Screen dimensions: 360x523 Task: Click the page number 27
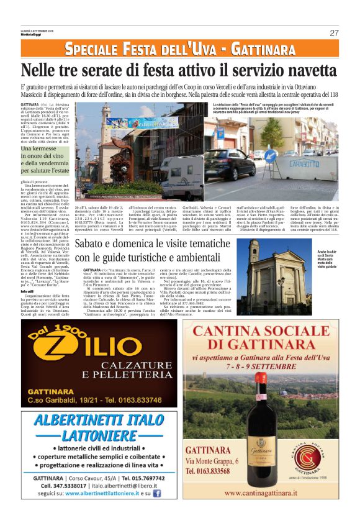click(x=334, y=32)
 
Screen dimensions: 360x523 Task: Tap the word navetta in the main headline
click(x=299, y=70)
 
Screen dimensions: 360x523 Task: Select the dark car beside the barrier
click(x=231, y=165)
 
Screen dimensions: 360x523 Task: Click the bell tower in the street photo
click(x=106, y=127)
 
